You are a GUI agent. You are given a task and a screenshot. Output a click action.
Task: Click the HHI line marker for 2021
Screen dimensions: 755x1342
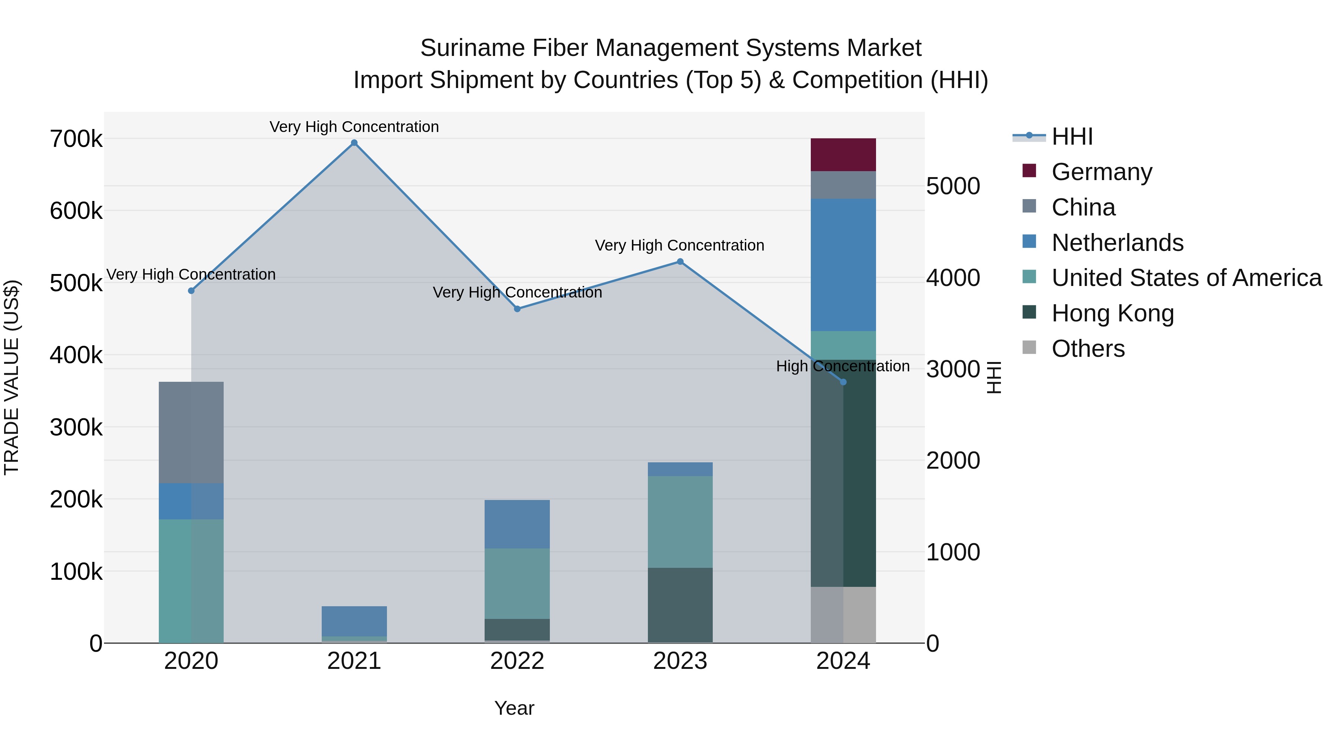[x=354, y=143]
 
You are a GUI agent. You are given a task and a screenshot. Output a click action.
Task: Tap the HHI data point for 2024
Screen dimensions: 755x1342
[x=844, y=382]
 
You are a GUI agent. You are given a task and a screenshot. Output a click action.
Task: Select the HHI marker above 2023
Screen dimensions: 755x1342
[x=680, y=262]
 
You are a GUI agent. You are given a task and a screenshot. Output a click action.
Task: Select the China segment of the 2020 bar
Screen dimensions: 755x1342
[x=191, y=432]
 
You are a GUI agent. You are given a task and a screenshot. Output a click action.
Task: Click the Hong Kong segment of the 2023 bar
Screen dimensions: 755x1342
[x=680, y=605]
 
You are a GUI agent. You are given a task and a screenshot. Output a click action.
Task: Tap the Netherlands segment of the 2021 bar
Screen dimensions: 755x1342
[x=354, y=621]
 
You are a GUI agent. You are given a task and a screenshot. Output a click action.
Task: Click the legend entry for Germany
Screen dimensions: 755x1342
[x=1102, y=172]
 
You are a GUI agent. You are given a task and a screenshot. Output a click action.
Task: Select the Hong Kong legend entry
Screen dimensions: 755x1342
[x=1113, y=313]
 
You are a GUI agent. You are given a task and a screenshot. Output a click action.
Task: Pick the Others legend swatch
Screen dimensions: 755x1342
[x=1029, y=347]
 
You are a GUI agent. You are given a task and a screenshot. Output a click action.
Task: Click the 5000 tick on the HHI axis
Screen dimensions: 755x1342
[x=953, y=186]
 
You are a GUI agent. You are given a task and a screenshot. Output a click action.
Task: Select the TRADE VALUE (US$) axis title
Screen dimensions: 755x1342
[x=12, y=377]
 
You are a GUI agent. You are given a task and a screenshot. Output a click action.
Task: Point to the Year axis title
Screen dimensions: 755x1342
[x=514, y=708]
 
